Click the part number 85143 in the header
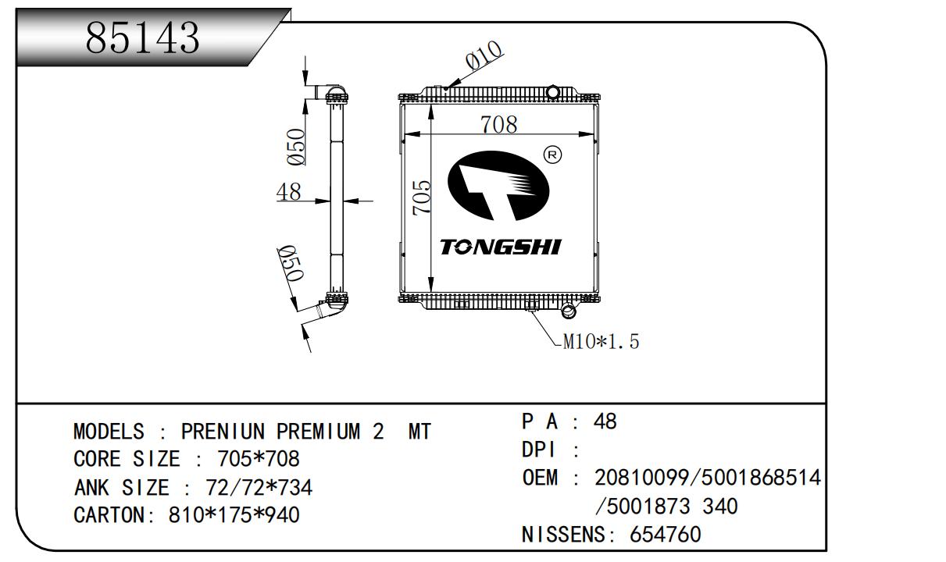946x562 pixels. (142, 38)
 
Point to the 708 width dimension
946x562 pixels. (498, 124)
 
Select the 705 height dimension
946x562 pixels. (422, 198)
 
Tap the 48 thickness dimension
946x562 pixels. (289, 191)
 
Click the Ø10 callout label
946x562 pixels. (484, 55)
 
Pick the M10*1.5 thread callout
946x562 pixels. (602, 341)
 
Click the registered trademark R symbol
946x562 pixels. (552, 155)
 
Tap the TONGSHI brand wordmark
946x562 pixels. (501, 247)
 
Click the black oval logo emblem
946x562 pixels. (498, 186)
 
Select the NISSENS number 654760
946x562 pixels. (666, 535)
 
